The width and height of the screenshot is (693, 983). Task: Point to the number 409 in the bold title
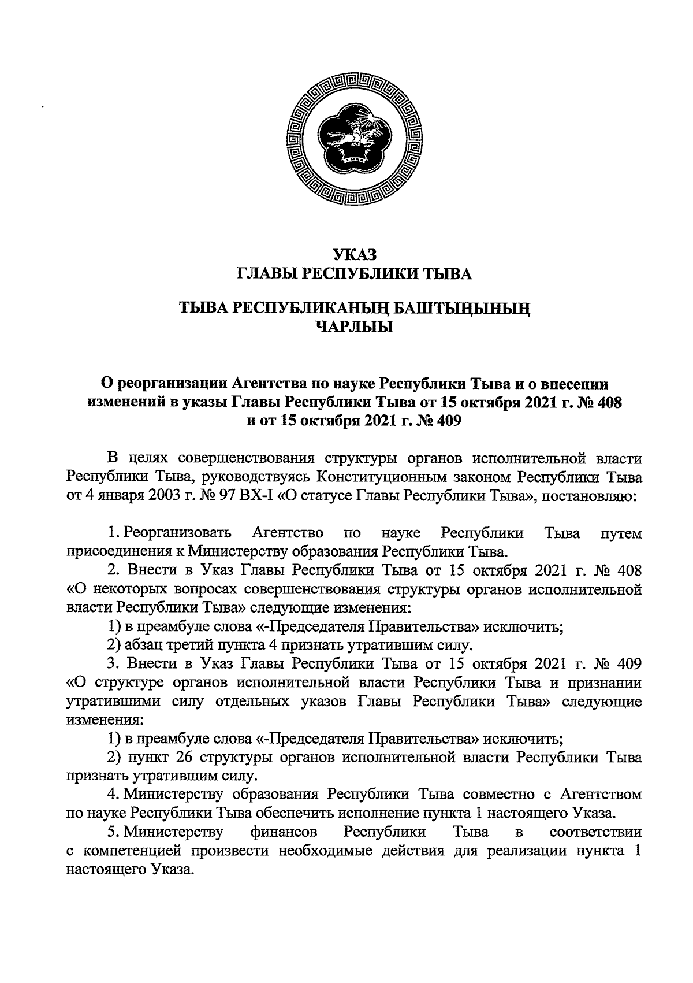[444, 420]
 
